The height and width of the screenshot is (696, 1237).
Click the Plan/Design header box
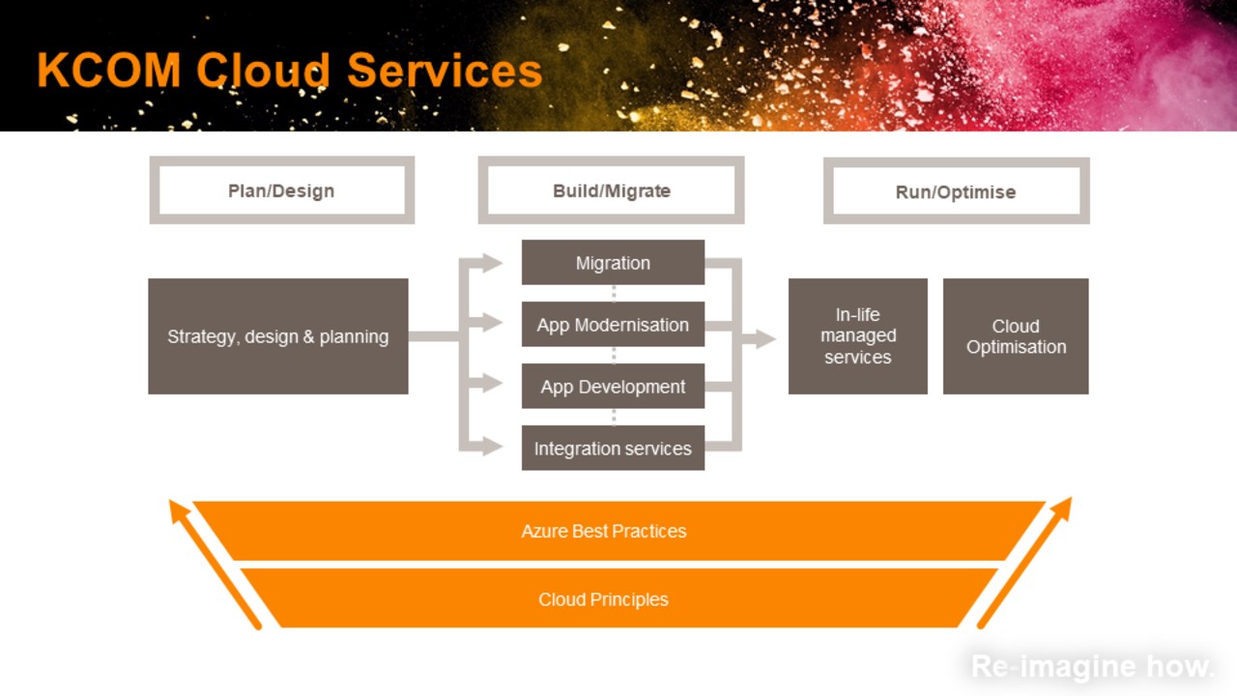[281, 190]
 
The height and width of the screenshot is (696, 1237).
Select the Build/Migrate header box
[611, 190]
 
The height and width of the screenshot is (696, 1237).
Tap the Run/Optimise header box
[956, 191]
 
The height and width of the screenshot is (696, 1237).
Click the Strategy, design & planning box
[277, 336]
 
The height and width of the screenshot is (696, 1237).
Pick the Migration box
[613, 263]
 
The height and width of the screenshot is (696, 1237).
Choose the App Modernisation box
[613, 325]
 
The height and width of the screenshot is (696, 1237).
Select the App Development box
[613, 387]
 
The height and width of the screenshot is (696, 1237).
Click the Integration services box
[613, 449]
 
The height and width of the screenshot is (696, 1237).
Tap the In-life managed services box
[857, 336]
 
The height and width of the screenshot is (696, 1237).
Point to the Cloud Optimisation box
[1016, 336]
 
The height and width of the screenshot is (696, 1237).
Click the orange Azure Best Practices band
[604, 531]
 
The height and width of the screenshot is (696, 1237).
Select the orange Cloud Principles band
[604, 599]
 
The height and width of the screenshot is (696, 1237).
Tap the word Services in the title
[445, 71]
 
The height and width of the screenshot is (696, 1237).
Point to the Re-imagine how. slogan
[1092, 666]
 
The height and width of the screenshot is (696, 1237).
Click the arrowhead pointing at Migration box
[493, 263]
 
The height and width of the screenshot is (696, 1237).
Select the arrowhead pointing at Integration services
[493, 447]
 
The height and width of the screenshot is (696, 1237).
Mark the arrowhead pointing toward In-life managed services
[765, 338]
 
